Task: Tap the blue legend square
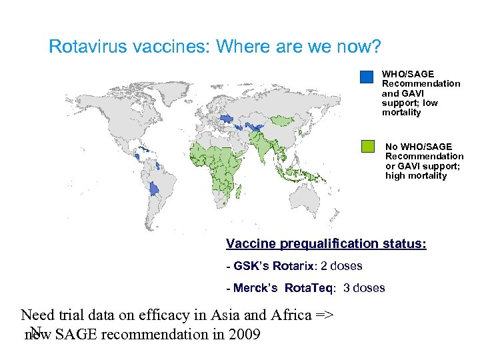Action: [x=367, y=77]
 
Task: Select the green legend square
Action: [x=367, y=146]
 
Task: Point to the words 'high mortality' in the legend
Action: [x=416, y=176]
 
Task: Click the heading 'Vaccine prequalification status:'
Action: [x=326, y=244]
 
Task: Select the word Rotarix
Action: [x=289, y=267]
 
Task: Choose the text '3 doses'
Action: [x=364, y=289]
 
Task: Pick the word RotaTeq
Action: [x=311, y=289]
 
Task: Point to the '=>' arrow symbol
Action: [x=322, y=315]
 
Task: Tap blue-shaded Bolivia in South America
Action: [x=155, y=189]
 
